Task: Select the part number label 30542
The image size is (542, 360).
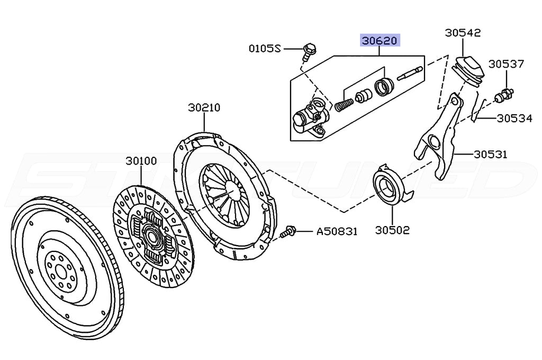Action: point(463,32)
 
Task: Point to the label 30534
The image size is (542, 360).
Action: point(514,118)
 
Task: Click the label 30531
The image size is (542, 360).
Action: point(490,155)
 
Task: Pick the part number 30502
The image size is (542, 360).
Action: point(392,230)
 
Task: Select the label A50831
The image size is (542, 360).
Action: point(337,231)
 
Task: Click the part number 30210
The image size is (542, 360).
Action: point(204,107)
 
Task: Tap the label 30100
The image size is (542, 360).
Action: point(141,160)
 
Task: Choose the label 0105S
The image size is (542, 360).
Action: point(264,49)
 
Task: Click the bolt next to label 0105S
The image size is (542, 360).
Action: point(309,50)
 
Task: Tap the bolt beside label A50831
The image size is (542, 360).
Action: point(289,231)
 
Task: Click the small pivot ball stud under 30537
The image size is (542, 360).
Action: point(503,97)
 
